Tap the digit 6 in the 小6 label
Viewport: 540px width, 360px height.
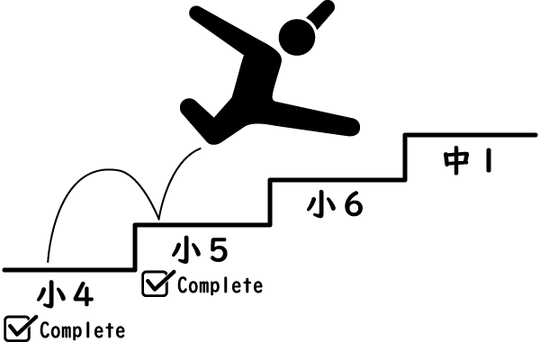click(x=353, y=205)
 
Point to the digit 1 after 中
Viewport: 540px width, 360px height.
click(x=486, y=161)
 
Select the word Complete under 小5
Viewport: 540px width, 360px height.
click(x=220, y=286)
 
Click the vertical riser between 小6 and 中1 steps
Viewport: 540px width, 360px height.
click(x=406, y=157)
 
